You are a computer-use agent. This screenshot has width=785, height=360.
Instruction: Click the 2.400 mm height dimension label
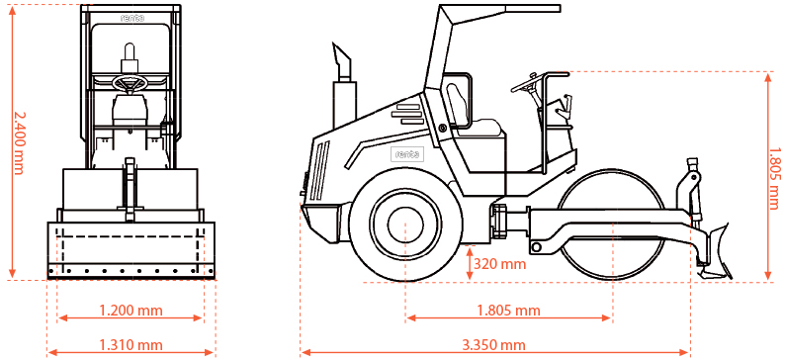click(x=18, y=142)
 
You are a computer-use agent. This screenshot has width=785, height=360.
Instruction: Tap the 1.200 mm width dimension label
click(x=131, y=311)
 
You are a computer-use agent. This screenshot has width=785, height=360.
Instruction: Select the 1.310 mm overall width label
click(x=131, y=345)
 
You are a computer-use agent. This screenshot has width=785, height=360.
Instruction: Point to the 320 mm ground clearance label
click(x=499, y=263)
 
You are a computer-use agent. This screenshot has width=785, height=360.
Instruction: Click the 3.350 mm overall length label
click(x=493, y=345)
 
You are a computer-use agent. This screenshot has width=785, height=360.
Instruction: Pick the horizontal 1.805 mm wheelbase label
click(x=508, y=311)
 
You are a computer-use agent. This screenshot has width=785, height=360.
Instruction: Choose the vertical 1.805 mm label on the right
click(x=775, y=178)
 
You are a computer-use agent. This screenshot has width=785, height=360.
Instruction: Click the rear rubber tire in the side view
click(x=405, y=225)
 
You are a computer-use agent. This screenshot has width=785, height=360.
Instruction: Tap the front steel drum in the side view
click(x=612, y=225)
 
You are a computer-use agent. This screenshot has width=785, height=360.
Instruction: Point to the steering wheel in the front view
click(x=130, y=83)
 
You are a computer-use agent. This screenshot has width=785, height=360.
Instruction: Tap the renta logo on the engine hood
click(x=407, y=154)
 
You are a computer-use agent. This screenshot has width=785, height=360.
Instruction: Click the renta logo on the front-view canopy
click(x=132, y=18)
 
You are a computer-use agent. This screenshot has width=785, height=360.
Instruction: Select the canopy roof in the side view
click(x=500, y=9)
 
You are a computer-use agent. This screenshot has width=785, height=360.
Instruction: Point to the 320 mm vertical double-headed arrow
click(x=469, y=263)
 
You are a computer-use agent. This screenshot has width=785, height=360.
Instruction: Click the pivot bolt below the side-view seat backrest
click(x=442, y=129)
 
